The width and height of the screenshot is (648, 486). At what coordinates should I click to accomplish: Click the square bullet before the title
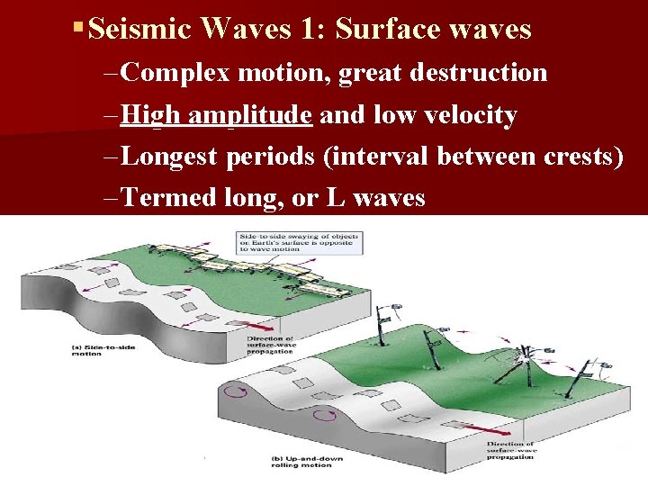tap(80, 29)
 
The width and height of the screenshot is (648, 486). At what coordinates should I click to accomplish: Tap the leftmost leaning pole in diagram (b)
tap(384, 325)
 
